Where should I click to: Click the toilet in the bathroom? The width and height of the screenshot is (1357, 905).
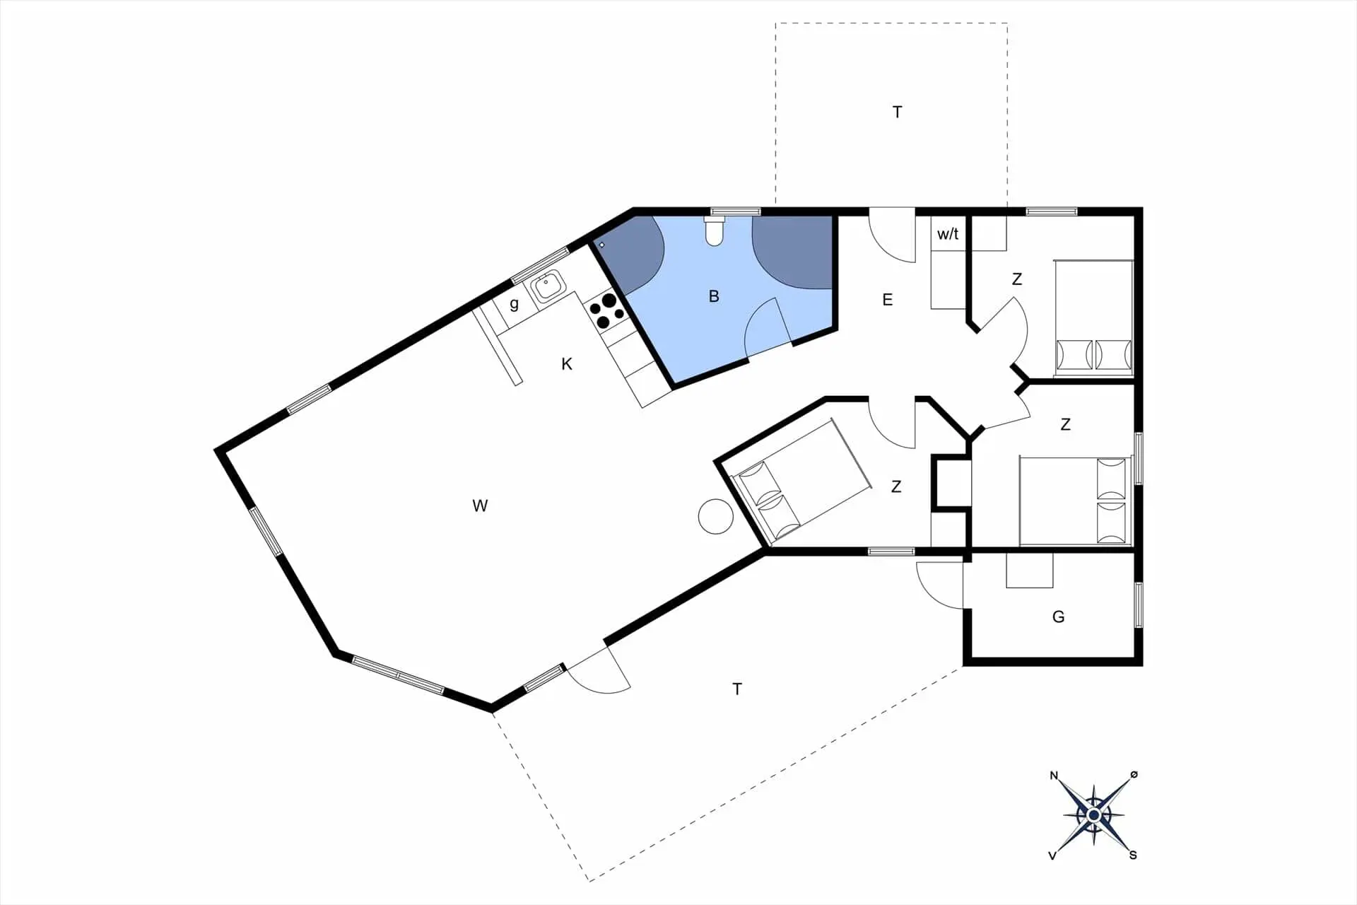point(715,230)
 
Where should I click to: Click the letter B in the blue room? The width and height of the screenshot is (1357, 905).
point(714,296)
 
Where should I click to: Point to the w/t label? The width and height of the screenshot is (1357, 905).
point(948,233)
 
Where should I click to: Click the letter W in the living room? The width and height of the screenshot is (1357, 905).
point(480,506)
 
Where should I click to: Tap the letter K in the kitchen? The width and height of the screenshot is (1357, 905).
point(567,364)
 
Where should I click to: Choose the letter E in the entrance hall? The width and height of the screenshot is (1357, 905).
point(888,300)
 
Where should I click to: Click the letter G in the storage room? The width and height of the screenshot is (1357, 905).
point(1058,617)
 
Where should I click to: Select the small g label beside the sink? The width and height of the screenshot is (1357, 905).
point(514,304)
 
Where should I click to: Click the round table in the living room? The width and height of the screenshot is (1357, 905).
point(715,516)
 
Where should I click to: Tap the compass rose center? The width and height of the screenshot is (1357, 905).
point(1093,816)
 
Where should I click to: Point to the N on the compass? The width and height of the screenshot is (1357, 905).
point(1054,776)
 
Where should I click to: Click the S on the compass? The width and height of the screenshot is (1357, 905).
point(1133,856)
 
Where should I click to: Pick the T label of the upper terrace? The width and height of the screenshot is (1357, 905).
point(897,112)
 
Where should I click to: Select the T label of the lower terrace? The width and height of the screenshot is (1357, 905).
point(737,689)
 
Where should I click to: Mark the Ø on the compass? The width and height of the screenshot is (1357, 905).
point(1134,775)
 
